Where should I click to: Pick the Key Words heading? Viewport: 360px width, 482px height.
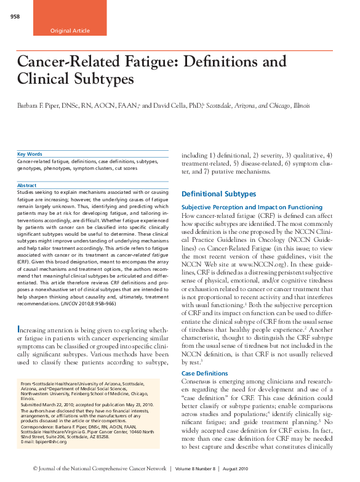(x=30, y=154)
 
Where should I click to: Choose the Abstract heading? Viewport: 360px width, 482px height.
(x=26, y=185)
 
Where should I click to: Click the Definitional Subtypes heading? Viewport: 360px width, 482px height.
(x=218, y=194)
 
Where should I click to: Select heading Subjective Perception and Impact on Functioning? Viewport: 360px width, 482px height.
(x=252, y=207)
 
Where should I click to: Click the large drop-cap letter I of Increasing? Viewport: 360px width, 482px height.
(x=20, y=332)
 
